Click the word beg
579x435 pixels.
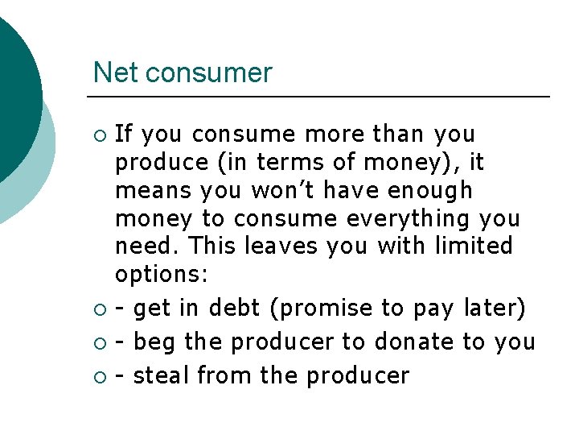156,342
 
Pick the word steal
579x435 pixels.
162,375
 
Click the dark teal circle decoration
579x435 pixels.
16,89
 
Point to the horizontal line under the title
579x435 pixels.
322,97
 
